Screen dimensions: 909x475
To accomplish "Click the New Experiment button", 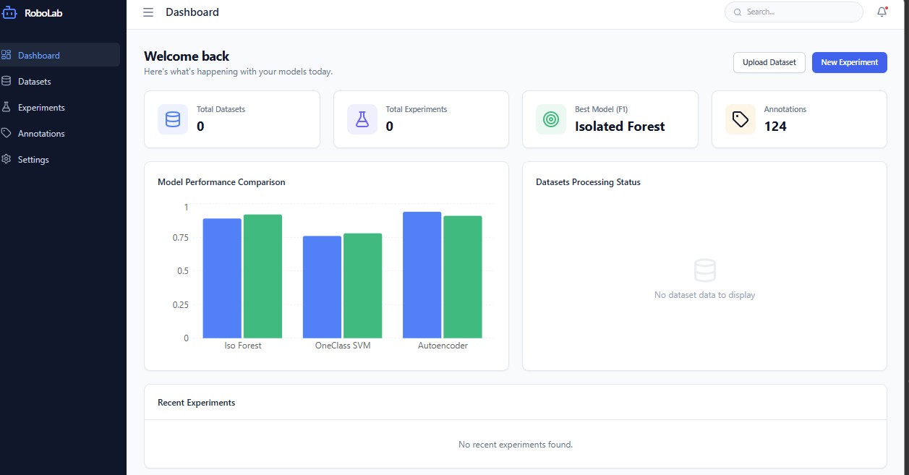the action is (850, 62).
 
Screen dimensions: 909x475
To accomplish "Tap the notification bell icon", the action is (882, 12).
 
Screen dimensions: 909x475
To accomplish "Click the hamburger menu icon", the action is (148, 12).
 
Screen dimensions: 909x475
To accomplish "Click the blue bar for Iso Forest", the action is (222, 278).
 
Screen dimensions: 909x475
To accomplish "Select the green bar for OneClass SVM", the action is (363, 286).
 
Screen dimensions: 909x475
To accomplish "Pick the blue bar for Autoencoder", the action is (422, 275).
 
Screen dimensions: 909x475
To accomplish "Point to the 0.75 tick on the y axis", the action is (181, 238).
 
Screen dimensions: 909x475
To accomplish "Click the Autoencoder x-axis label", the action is (443, 346).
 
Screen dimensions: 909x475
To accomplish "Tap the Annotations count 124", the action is (775, 127).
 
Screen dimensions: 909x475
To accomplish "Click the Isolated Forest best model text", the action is (620, 127).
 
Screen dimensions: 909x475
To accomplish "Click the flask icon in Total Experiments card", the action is (362, 119).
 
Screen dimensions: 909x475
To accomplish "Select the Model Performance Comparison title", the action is (221, 182).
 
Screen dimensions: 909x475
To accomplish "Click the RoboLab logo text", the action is (43, 13).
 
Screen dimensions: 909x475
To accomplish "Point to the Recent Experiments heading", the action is (197, 403).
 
